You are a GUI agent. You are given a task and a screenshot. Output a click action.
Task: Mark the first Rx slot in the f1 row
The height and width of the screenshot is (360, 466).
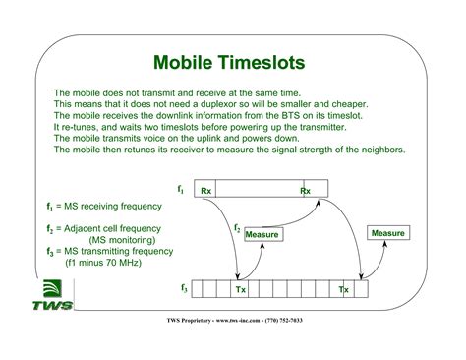204,191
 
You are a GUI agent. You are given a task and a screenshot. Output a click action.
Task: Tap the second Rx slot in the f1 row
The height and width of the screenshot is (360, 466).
306,191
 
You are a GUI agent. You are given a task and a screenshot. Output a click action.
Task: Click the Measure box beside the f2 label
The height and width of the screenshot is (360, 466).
262,235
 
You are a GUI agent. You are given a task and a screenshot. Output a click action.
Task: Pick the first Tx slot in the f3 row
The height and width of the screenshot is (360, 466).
241,289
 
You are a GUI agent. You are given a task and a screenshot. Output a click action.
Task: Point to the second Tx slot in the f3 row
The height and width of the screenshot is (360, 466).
343,289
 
